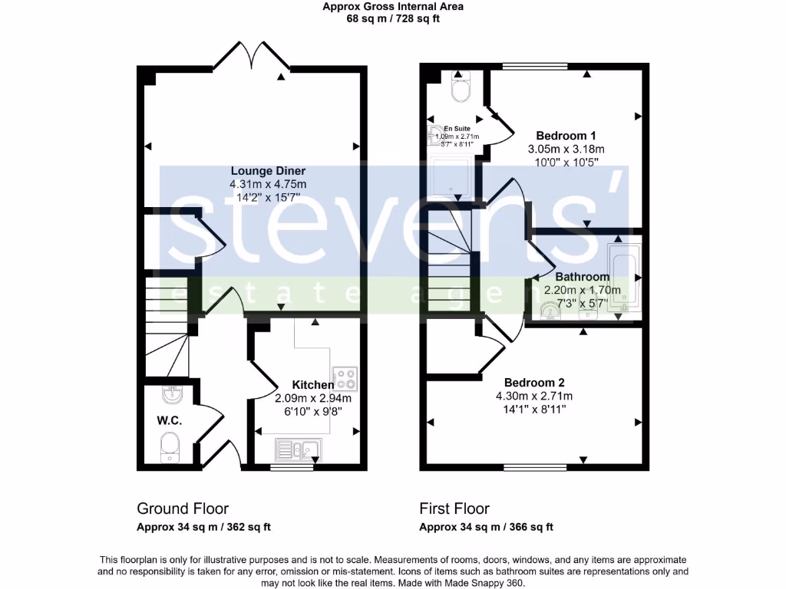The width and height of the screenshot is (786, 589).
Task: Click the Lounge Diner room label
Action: pos(268,170)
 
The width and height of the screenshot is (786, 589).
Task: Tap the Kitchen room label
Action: pos(313,385)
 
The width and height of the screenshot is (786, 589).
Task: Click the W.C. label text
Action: pos(169,420)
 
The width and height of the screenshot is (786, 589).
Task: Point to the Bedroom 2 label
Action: pos(534,383)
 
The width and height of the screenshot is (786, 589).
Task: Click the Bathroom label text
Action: pos(582,277)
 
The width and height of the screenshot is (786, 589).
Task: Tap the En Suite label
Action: pos(447,129)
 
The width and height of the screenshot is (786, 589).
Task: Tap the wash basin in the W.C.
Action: pos(171,396)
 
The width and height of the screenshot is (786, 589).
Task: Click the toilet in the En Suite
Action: pos(461,87)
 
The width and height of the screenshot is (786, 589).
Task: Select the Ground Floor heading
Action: pos(183,508)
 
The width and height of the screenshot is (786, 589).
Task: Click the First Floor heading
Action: pos(454,508)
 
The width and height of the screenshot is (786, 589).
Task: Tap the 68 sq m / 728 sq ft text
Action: pos(393,18)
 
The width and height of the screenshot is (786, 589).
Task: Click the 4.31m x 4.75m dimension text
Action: pos(268,185)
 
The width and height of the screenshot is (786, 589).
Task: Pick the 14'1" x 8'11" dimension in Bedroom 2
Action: pos(534,410)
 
